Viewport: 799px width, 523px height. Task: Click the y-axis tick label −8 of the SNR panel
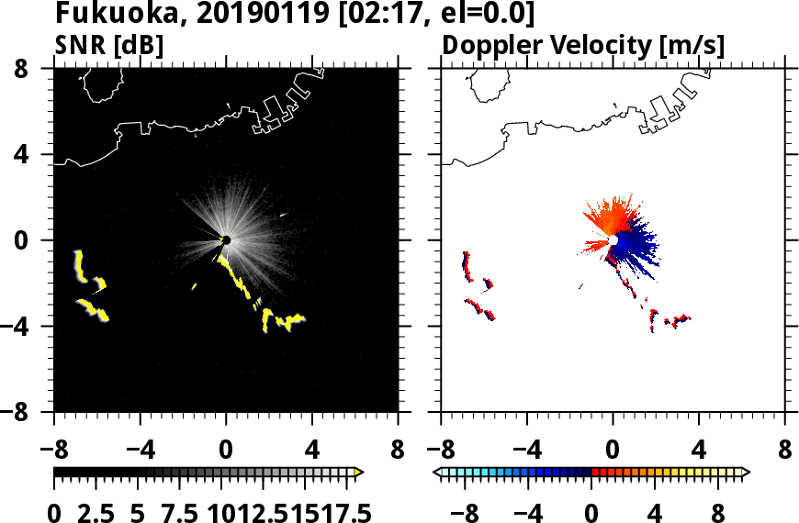pyautogui.click(x=29, y=412)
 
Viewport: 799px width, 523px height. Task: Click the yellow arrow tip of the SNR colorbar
pyautogui.click(x=359, y=472)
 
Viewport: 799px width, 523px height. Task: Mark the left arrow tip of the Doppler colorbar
pyautogui.click(x=436, y=472)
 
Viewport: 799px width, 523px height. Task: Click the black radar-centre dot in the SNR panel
pyautogui.click(x=226, y=240)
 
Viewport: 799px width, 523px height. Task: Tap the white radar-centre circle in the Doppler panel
pyautogui.click(x=613, y=240)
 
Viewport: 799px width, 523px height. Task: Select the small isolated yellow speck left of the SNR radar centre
pyautogui.click(x=194, y=286)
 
